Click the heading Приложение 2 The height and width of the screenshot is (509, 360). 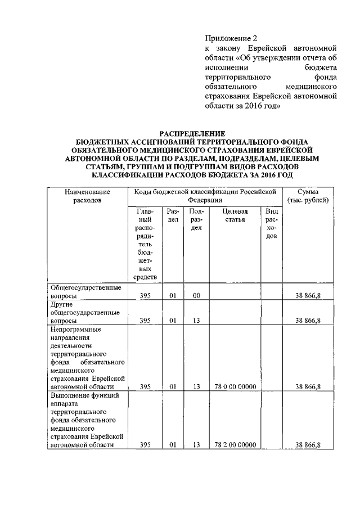pyautogui.click(x=230, y=38)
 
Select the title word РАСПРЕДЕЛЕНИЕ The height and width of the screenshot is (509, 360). pyautogui.click(x=192, y=134)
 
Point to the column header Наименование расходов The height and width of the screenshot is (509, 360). pyautogui.click(x=88, y=196)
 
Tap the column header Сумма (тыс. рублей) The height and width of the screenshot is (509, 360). pyautogui.click(x=308, y=196)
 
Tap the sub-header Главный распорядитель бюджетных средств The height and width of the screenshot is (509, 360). pyautogui.click(x=145, y=244)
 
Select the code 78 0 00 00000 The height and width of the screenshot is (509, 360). pyautogui.click(x=235, y=387)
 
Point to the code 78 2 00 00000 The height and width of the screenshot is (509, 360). pyautogui.click(x=235, y=445)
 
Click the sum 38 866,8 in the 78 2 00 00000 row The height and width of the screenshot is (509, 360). pyautogui.click(x=308, y=445)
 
